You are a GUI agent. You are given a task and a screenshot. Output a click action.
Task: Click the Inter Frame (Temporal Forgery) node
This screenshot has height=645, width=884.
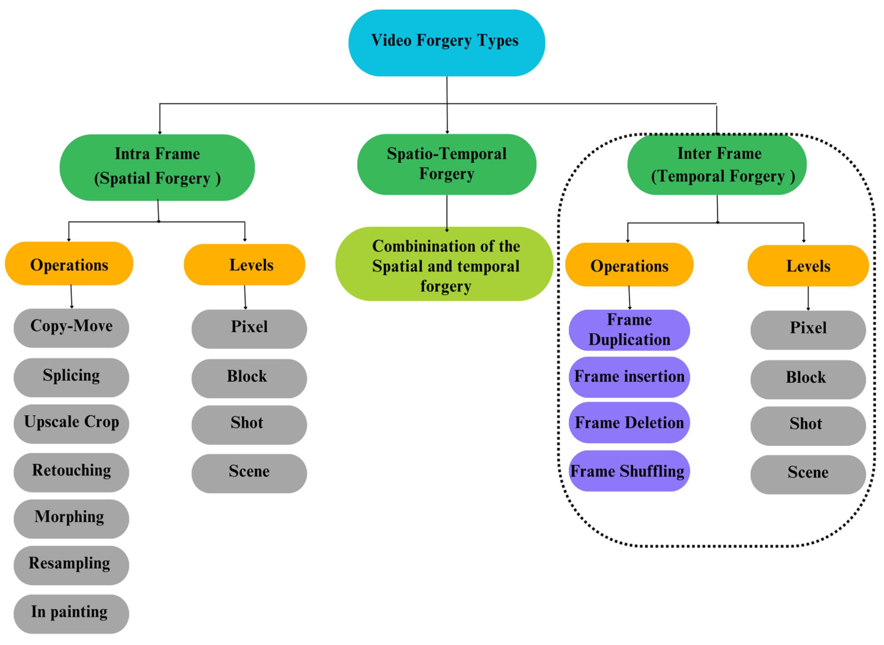coord(717,164)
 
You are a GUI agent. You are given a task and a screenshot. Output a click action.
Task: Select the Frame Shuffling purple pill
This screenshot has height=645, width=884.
coord(629,471)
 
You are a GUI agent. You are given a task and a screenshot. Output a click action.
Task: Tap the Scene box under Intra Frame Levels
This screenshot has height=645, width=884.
coord(249,473)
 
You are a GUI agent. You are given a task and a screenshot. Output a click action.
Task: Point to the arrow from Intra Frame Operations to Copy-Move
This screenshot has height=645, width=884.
coord(71,297)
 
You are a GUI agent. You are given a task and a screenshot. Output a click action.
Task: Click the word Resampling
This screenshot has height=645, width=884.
coord(70,563)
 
